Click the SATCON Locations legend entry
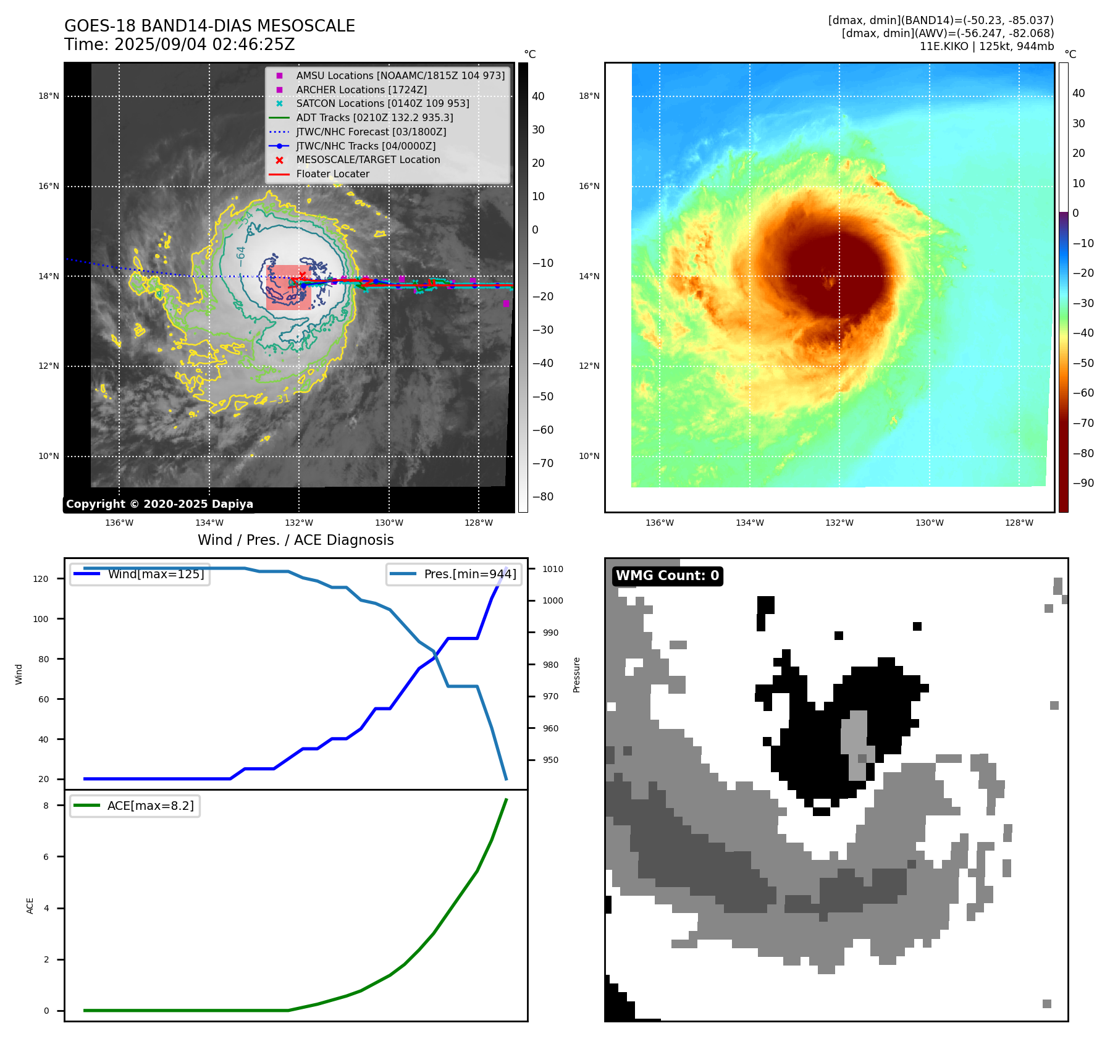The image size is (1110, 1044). (x=382, y=104)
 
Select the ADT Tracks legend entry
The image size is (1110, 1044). (x=374, y=118)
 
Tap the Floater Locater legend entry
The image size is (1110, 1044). (x=332, y=174)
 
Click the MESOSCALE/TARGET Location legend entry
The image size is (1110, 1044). (x=368, y=160)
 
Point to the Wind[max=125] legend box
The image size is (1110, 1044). (x=140, y=575)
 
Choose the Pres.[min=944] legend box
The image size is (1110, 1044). (x=454, y=575)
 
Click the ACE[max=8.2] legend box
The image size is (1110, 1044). (x=135, y=806)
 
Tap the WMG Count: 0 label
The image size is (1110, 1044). (x=667, y=576)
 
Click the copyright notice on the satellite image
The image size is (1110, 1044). (x=159, y=504)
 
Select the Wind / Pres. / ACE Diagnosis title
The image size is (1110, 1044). (x=295, y=540)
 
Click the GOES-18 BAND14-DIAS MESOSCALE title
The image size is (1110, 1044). (x=209, y=26)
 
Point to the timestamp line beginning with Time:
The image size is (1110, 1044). (x=179, y=45)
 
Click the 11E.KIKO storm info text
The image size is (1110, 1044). (x=986, y=46)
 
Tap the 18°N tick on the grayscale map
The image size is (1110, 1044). (x=49, y=96)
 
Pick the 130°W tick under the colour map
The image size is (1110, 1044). (x=929, y=523)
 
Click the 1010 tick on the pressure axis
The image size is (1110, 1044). (x=553, y=569)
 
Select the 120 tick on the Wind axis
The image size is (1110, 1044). (x=41, y=579)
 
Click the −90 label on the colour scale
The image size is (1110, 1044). (x=1083, y=483)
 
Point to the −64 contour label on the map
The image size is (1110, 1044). (x=241, y=253)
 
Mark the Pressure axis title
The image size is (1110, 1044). (x=576, y=675)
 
